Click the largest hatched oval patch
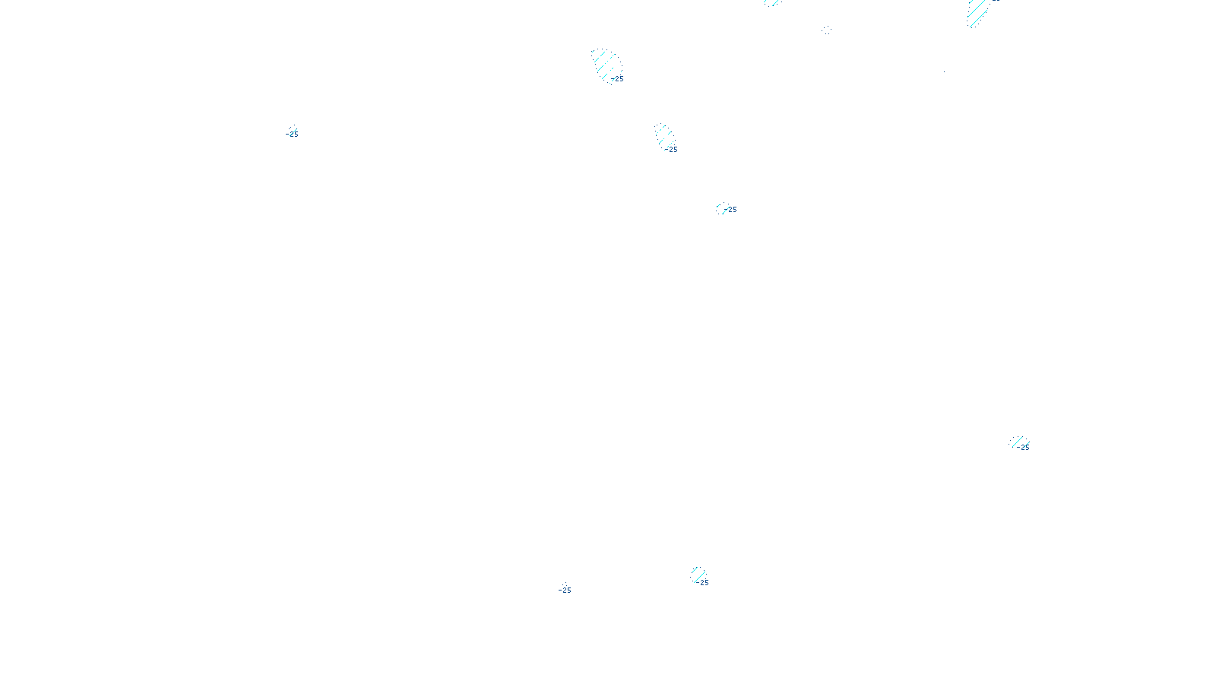click(606, 65)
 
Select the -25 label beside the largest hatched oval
click(618, 79)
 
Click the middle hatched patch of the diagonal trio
click(664, 137)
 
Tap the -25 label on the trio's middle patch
click(671, 150)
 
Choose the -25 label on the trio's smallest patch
click(731, 210)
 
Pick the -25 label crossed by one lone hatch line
click(292, 134)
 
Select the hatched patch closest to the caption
click(698, 574)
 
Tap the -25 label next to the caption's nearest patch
click(703, 583)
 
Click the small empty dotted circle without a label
click(827, 30)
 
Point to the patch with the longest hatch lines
click(977, 12)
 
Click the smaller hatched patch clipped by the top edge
click(772, 2)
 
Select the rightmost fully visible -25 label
click(1024, 447)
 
